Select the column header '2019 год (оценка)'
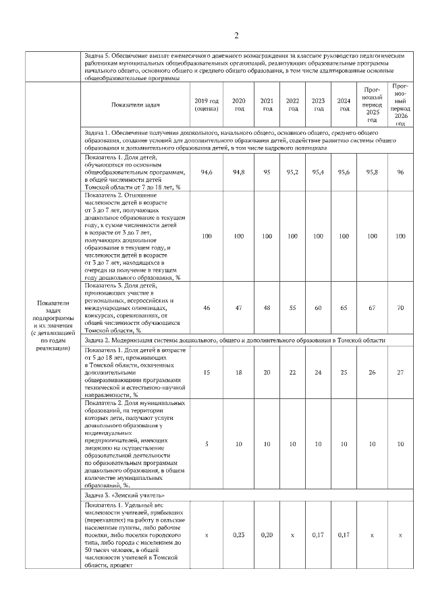pos(207,104)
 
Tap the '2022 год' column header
pos(293,104)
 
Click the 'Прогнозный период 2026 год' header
pos(400,104)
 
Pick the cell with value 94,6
pos(207,173)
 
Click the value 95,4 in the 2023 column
pos(318,173)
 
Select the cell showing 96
pos(400,173)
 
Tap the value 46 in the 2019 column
pos(207,307)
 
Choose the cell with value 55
pos(293,307)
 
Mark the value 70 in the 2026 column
pos(400,307)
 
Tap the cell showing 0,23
pos(238,535)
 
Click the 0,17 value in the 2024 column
pos(344,535)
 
